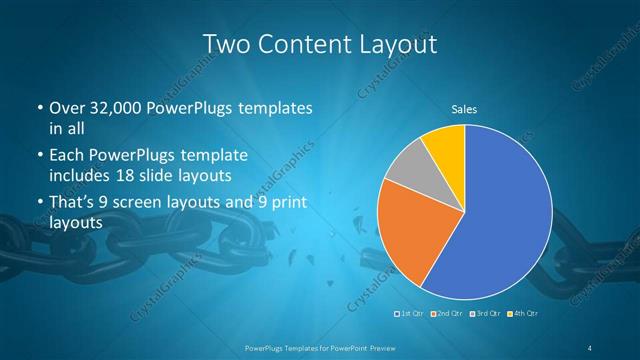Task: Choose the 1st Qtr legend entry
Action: tap(410, 314)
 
